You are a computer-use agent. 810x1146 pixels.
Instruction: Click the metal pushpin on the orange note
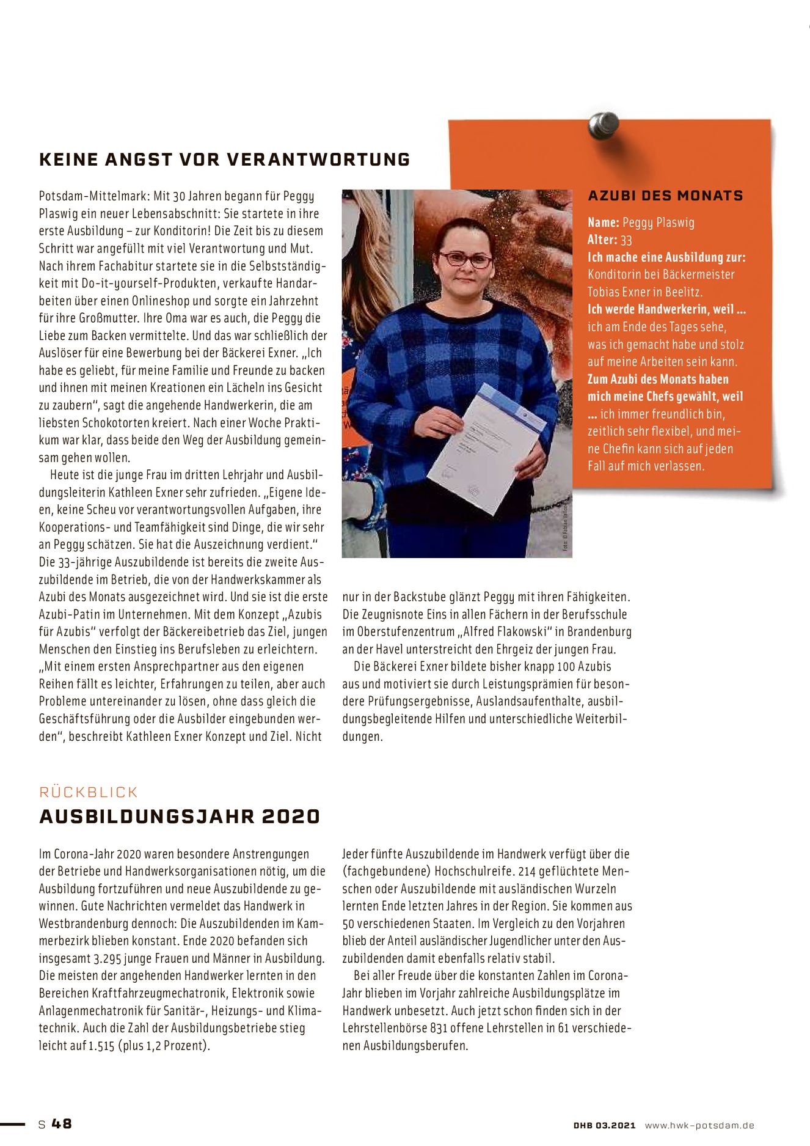(x=603, y=125)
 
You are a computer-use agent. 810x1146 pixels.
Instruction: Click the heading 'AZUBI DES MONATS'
(x=665, y=196)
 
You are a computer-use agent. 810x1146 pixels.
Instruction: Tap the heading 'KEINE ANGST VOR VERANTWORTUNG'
(x=224, y=160)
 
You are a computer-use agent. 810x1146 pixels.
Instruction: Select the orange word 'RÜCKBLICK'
(x=89, y=792)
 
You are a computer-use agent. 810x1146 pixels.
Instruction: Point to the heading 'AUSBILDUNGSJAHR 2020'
(x=180, y=817)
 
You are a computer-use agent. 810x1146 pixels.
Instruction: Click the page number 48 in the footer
(x=62, y=1123)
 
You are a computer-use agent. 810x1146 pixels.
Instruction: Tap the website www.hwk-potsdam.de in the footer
(x=699, y=1125)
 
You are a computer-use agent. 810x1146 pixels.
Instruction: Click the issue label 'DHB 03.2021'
(x=604, y=1125)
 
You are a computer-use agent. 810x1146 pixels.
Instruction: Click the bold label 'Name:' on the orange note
(x=604, y=222)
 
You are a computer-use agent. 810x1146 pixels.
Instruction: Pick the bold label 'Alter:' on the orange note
(x=602, y=240)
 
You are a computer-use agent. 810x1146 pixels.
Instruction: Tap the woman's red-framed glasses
(x=465, y=259)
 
